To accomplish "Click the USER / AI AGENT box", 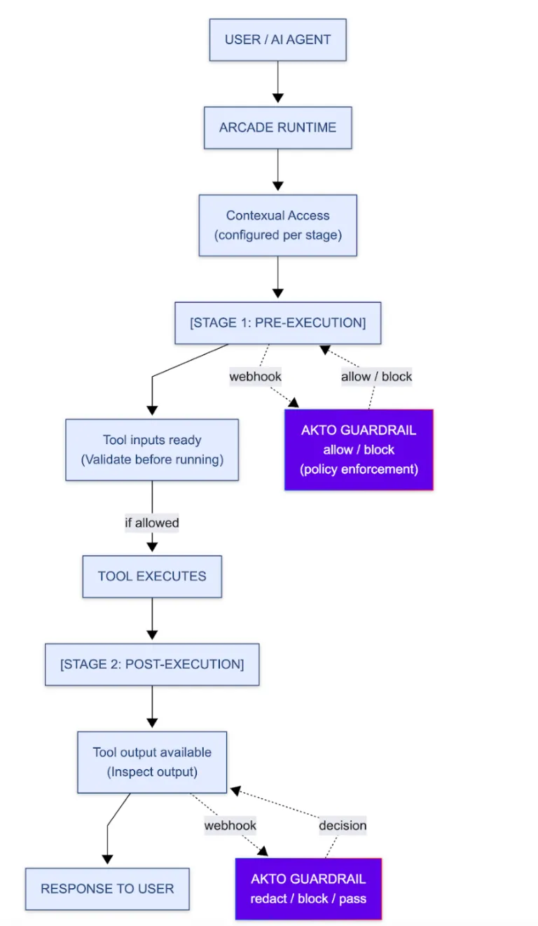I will coord(277,40).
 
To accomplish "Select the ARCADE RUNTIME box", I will coord(277,127).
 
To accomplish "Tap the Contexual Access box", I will coord(277,225).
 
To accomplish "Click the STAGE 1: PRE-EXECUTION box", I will coord(277,323).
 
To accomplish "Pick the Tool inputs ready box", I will coord(152,450).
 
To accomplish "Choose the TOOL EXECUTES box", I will coord(152,576).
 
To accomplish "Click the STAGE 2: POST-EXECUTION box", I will coord(152,664).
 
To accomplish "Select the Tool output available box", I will coord(152,762).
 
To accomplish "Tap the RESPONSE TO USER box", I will coord(107,889).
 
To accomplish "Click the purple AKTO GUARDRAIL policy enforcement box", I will coord(359,450).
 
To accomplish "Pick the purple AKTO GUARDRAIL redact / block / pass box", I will coord(308,889).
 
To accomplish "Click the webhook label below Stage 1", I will coord(255,376).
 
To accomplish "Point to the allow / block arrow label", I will coord(376,376).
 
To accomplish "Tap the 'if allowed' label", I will coord(152,523).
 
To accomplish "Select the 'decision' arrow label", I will coord(343,825).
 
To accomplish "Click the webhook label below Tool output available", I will coord(230,825).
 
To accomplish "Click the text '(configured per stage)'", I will coord(277,235).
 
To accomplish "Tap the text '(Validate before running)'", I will coord(152,459).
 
